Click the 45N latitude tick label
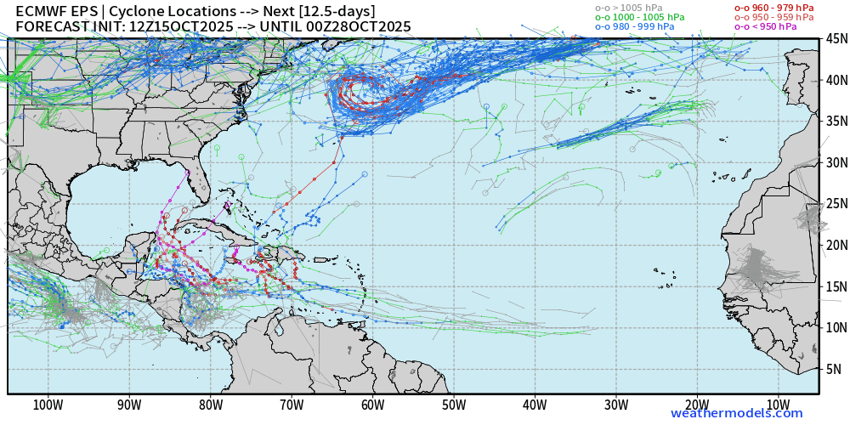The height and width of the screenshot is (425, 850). [x=835, y=39]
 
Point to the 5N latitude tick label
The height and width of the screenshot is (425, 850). [x=834, y=369]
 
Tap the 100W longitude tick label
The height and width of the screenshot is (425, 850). [x=48, y=405]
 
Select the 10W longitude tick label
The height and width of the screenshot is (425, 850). [x=778, y=405]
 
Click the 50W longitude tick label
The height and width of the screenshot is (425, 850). [x=454, y=405]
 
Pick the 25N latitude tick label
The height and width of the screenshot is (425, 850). [x=835, y=204]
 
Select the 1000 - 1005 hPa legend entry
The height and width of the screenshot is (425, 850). [x=639, y=17]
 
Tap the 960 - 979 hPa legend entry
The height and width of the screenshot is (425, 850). [x=773, y=7]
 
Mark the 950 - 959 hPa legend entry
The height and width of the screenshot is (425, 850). [x=773, y=17]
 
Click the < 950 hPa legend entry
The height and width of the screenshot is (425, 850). [x=766, y=26]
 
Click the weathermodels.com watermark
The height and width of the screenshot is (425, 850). [x=736, y=414]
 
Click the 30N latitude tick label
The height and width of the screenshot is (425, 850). [x=835, y=163]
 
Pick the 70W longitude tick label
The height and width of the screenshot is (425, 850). [x=292, y=405]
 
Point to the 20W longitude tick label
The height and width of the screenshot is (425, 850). [x=697, y=405]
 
